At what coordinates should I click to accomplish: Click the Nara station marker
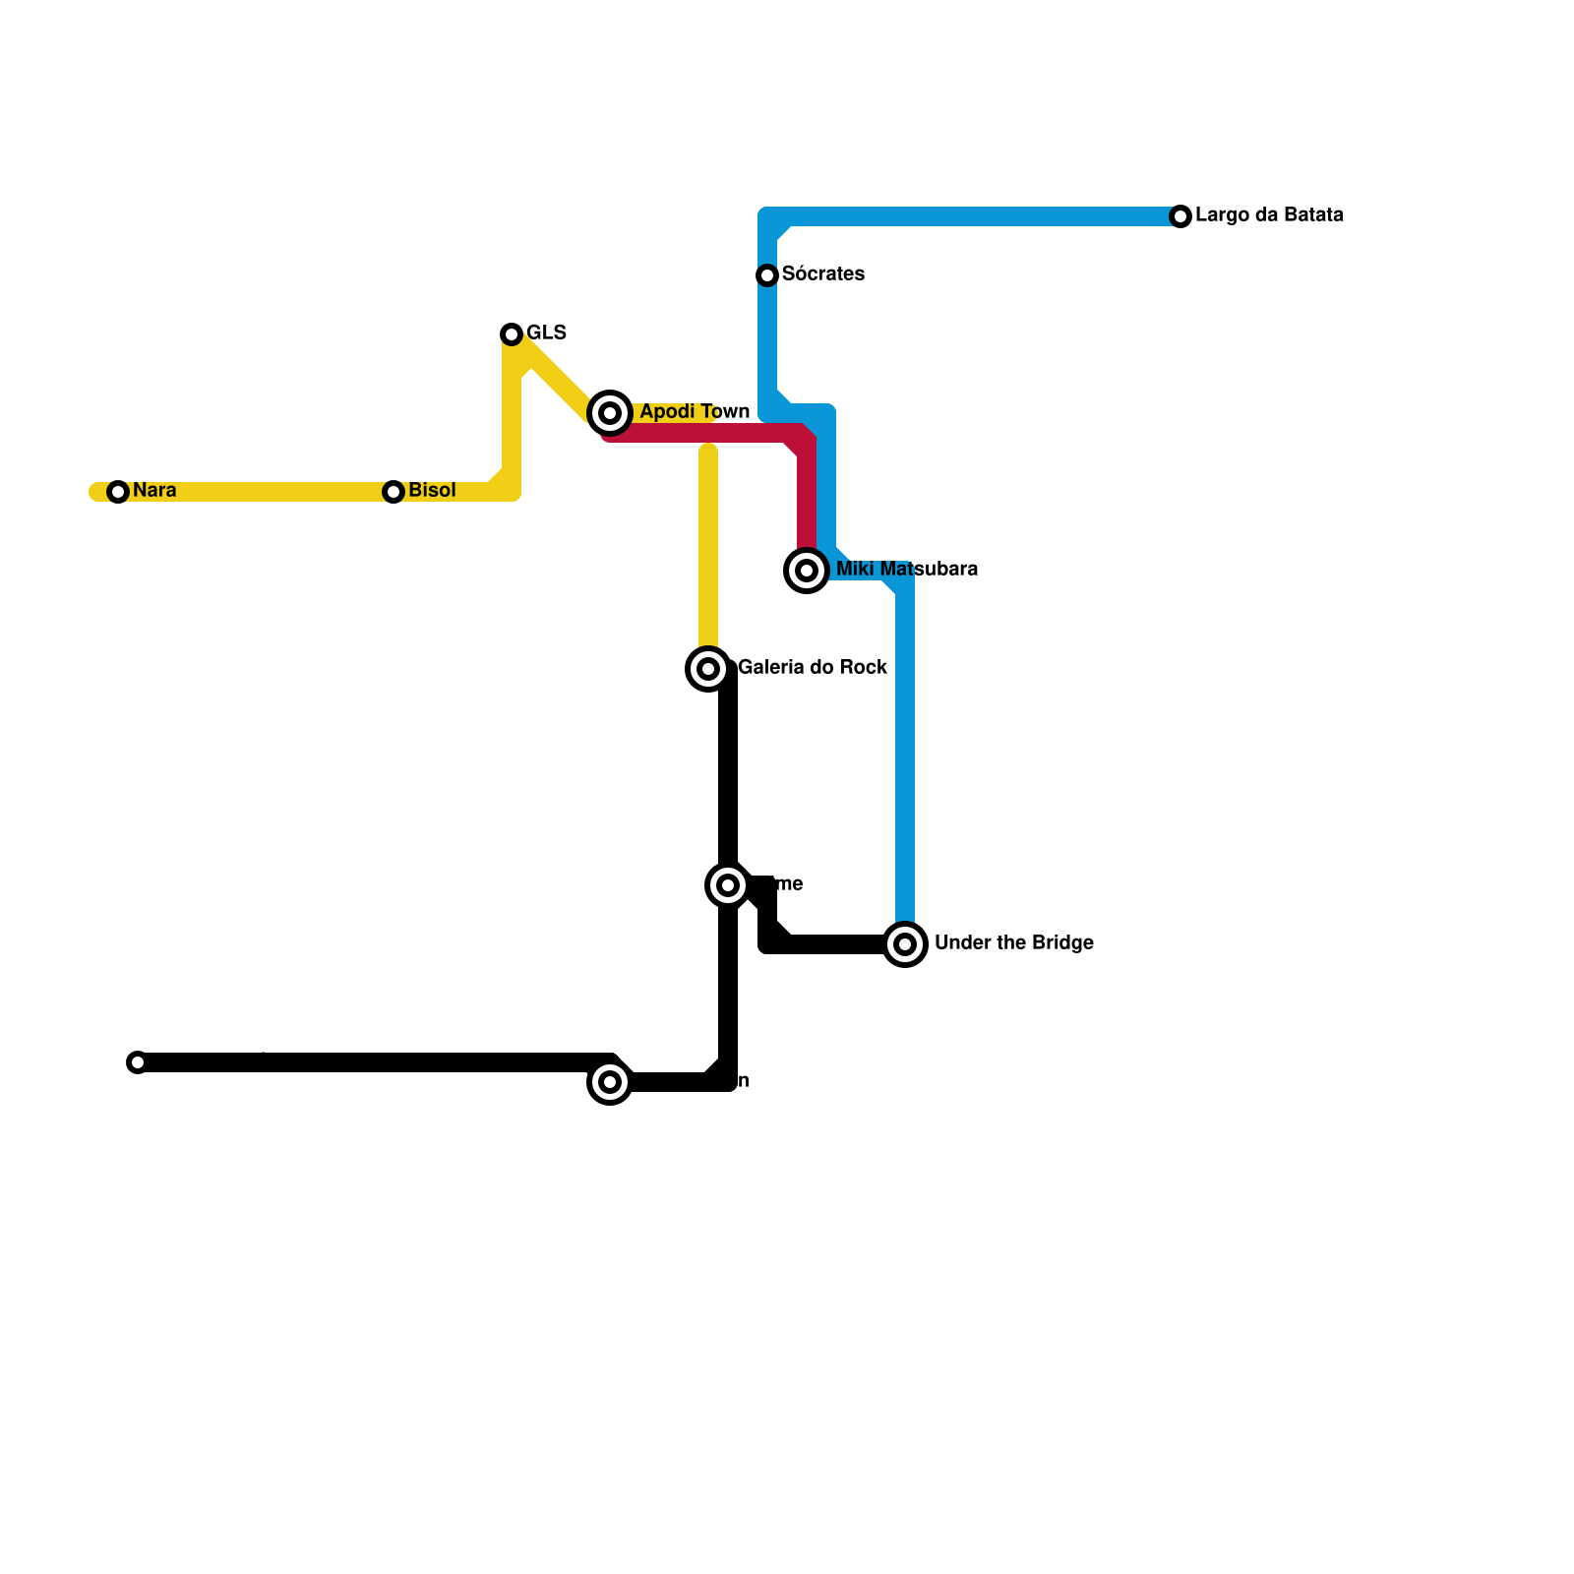(x=118, y=492)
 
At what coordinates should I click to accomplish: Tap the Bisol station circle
(x=393, y=492)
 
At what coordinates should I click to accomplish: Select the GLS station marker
(x=512, y=334)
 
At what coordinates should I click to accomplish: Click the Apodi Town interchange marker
(x=610, y=413)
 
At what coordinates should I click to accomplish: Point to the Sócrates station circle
(x=767, y=275)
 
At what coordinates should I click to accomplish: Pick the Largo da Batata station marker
(x=1180, y=216)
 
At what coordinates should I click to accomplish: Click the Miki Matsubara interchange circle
(x=807, y=571)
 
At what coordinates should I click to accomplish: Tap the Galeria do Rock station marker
(x=708, y=669)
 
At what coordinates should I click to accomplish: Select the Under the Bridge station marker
(x=905, y=944)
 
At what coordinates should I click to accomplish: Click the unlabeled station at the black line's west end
(x=138, y=1062)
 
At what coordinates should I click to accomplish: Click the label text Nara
(x=154, y=490)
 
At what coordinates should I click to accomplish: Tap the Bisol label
(x=432, y=490)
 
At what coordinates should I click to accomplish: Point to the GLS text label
(x=546, y=333)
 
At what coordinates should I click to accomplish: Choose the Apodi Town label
(x=695, y=411)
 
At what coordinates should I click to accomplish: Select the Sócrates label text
(x=822, y=273)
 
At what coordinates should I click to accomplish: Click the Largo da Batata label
(x=1269, y=214)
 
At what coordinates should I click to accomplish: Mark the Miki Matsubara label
(x=906, y=569)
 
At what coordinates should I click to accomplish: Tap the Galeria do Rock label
(x=813, y=667)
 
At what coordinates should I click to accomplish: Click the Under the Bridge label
(x=1013, y=942)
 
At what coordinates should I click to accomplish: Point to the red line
(x=708, y=433)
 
